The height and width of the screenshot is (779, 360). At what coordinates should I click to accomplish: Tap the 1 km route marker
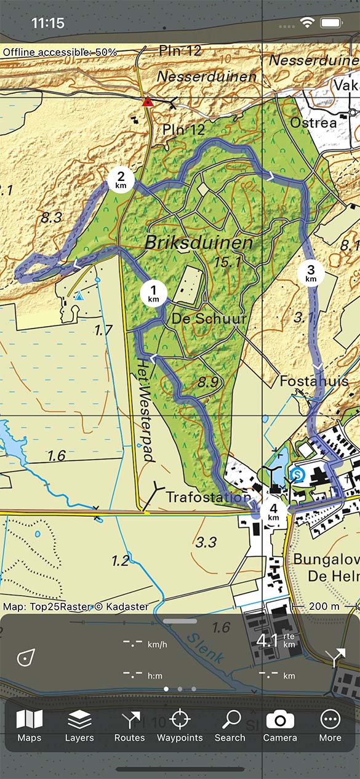pyautogui.click(x=153, y=293)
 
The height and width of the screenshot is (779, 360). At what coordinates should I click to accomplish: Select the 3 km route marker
pyautogui.click(x=311, y=273)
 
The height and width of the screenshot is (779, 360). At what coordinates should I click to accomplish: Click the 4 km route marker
pyautogui.click(x=273, y=512)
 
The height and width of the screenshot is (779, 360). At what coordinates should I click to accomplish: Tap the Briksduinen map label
pyautogui.click(x=199, y=242)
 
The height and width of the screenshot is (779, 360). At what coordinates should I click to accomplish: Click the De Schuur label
pyautogui.click(x=209, y=319)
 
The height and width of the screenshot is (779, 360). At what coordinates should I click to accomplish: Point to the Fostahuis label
pyautogui.click(x=314, y=382)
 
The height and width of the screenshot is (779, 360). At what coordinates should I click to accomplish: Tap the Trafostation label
pyautogui.click(x=209, y=497)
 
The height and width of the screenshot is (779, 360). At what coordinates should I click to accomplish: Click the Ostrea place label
pyautogui.click(x=314, y=122)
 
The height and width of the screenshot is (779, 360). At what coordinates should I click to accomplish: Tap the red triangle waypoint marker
pyautogui.click(x=148, y=102)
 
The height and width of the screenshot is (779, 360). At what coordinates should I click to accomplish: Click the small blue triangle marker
pyautogui.click(x=79, y=297)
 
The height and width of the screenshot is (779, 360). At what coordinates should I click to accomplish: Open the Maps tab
pyautogui.click(x=30, y=725)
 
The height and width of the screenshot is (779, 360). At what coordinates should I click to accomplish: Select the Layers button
pyautogui.click(x=79, y=725)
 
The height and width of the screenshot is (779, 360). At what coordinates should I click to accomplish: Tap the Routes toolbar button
pyautogui.click(x=130, y=725)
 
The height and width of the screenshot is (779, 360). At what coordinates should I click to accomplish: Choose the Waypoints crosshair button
pyautogui.click(x=180, y=725)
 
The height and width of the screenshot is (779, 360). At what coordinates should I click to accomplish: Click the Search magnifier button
pyautogui.click(x=230, y=725)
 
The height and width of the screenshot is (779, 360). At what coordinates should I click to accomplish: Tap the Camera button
pyautogui.click(x=280, y=725)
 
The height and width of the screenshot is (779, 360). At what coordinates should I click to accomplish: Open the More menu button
pyautogui.click(x=330, y=725)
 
